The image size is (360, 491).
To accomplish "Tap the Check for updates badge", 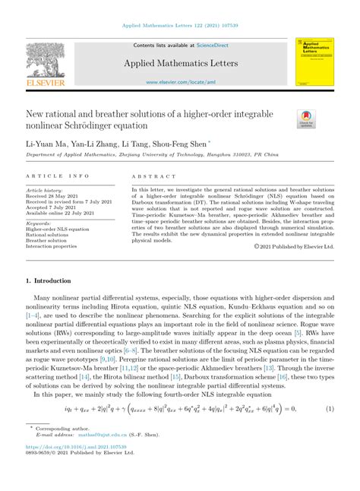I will click(x=306, y=118).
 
